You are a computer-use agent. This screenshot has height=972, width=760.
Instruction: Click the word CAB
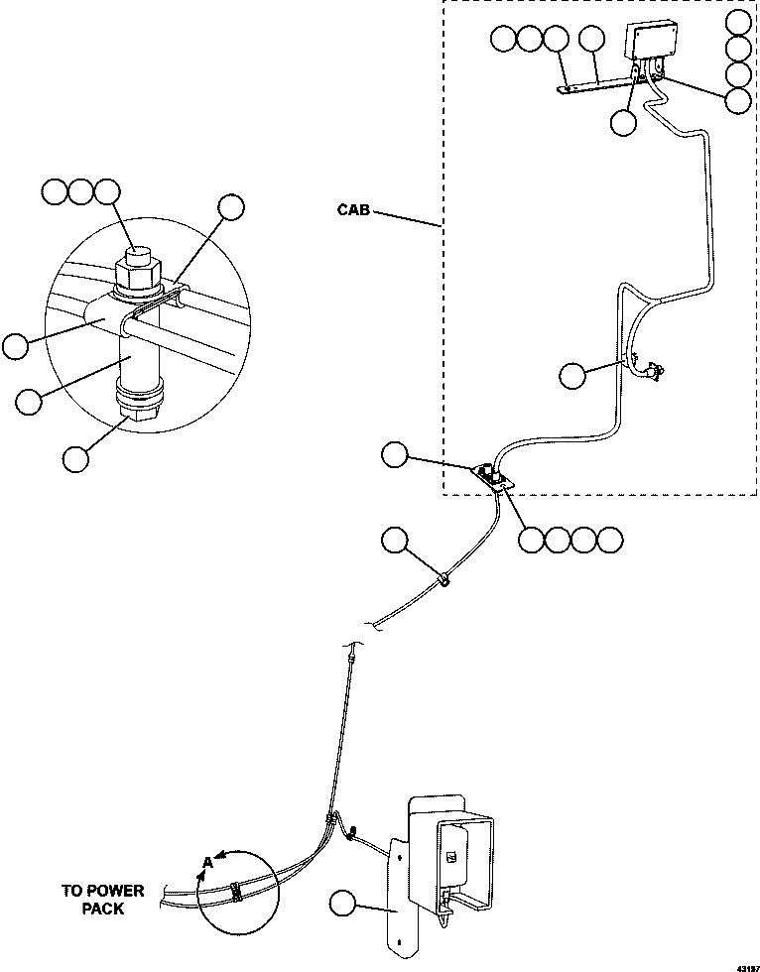(355, 210)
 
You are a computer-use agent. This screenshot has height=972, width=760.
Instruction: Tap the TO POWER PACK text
(101, 899)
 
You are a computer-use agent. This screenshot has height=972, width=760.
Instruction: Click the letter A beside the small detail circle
(208, 862)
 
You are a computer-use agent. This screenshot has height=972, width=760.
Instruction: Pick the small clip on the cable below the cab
(443, 578)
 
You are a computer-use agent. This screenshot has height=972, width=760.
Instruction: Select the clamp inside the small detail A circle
(236, 891)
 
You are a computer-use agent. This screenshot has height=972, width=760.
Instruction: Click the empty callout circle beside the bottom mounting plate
(342, 904)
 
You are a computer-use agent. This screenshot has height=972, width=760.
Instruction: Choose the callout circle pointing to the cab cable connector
(572, 375)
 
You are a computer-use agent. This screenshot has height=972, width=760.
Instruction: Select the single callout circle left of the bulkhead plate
(395, 456)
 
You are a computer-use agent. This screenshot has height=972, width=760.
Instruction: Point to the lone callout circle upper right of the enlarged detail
(231, 206)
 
